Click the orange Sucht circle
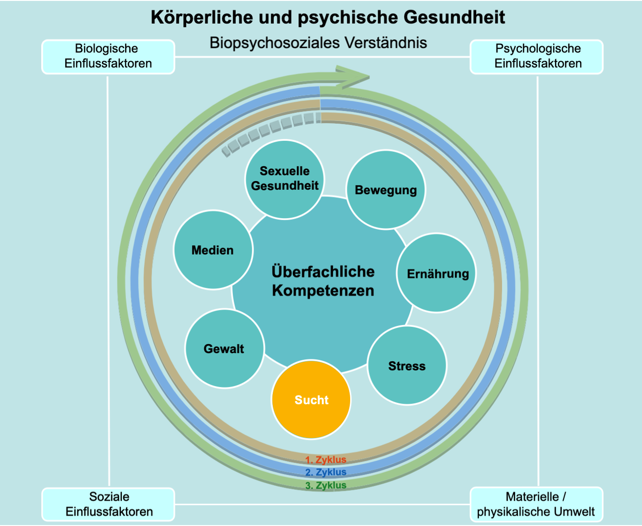point(311,400)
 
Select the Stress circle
point(407,365)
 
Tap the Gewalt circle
point(224,348)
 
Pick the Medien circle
point(213,250)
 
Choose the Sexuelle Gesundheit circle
point(284,179)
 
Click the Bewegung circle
point(386,190)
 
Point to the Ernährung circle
point(437,273)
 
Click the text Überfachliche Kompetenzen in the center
point(323,281)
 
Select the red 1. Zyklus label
point(326,460)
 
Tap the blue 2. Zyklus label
point(326,472)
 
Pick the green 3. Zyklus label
point(326,485)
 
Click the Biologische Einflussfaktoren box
point(108,56)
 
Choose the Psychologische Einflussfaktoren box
point(537,56)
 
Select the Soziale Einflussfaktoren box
point(108,504)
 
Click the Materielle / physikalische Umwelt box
point(536,504)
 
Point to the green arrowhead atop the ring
point(354,77)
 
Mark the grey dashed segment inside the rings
point(269,130)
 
